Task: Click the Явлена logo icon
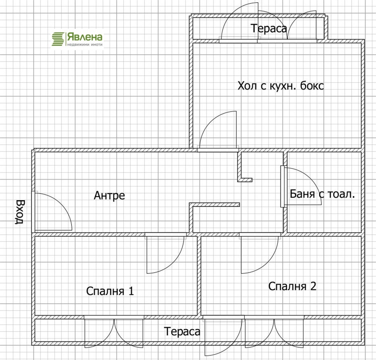58,39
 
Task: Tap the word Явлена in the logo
85,37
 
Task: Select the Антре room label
109,195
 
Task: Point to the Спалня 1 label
110,291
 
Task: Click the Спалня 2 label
292,286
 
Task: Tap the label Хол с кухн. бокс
281,86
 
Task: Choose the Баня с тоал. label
322,194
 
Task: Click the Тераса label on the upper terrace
269,28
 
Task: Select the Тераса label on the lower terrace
182,331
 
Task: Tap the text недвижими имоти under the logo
85,44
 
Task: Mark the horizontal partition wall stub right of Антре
215,205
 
